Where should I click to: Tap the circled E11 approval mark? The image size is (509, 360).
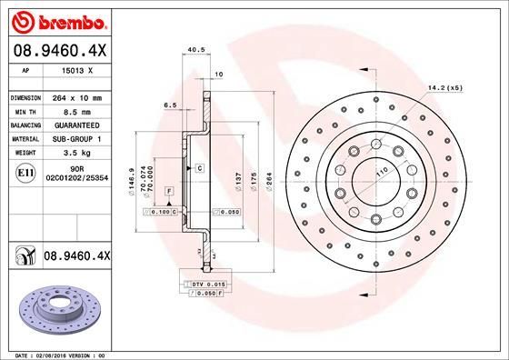27,172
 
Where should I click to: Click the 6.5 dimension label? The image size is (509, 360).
169,105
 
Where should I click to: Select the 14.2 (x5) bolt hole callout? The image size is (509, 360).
444,88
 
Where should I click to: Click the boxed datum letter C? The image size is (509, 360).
197,169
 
